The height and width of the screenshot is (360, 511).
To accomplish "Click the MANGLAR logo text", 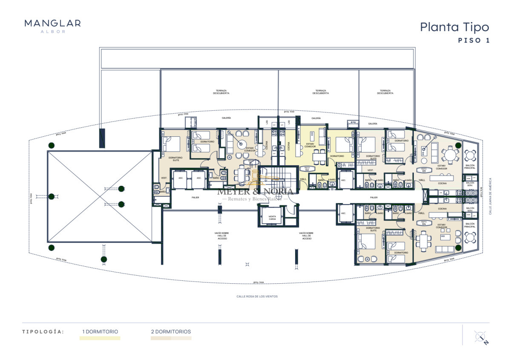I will click(52, 23).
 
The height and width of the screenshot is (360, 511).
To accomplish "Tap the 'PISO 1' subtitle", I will click(474, 41).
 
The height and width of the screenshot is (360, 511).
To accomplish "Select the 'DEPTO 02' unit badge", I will click(307, 169).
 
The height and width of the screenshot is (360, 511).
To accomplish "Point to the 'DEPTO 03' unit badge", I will click(424, 170).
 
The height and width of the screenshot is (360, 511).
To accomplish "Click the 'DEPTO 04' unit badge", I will click(424, 223).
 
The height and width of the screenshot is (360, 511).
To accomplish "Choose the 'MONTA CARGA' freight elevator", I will click(272, 218).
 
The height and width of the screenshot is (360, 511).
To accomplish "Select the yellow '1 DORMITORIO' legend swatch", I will click(100, 338).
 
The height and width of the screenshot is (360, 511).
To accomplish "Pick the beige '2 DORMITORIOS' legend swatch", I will click(171, 338).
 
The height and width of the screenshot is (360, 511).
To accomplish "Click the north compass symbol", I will click(480, 337).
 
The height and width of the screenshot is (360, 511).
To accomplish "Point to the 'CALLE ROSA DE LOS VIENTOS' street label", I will click(257, 297).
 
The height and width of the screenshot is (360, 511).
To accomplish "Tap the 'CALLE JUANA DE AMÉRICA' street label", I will click(490, 196).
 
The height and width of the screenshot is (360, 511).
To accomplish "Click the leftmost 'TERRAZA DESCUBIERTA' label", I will click(221, 92).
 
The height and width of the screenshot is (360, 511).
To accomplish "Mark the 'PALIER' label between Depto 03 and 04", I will click(374, 198).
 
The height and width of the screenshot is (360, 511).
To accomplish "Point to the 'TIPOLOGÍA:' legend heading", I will click(43, 331).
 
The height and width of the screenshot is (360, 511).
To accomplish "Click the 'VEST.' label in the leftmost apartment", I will click(164, 178).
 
